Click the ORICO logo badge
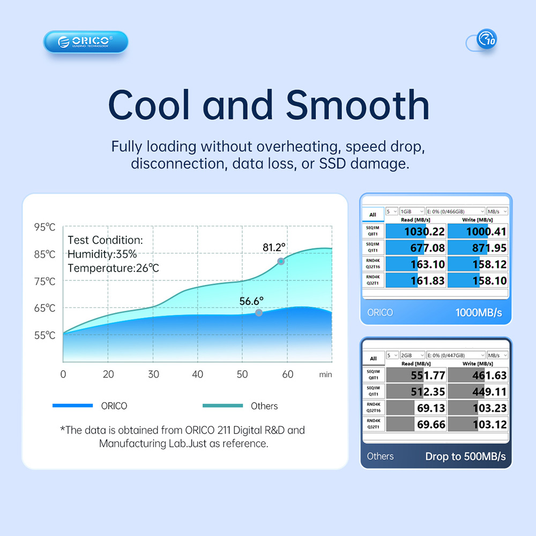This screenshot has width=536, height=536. (86, 42)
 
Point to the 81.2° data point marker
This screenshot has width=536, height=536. (280, 261)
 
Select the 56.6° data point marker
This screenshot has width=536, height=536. (259, 312)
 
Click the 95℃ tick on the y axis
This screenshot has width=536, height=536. (45, 227)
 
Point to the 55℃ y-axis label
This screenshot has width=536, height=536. (45, 336)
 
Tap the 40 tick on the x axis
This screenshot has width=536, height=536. (198, 374)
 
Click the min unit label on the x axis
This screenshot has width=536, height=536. (325, 375)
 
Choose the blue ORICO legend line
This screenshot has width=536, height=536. (72, 406)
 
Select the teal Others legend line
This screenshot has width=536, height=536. (222, 406)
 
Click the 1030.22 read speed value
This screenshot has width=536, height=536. (416, 232)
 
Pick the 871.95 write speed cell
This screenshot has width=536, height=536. (478, 248)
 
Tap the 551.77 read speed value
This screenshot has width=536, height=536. (416, 375)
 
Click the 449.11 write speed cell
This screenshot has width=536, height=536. (478, 392)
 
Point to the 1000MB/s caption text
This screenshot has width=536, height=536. (479, 312)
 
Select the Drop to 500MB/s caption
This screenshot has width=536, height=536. (465, 457)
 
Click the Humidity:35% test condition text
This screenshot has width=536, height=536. (102, 254)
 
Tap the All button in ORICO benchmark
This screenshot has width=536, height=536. (373, 214)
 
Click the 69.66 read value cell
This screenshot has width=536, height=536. (416, 425)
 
